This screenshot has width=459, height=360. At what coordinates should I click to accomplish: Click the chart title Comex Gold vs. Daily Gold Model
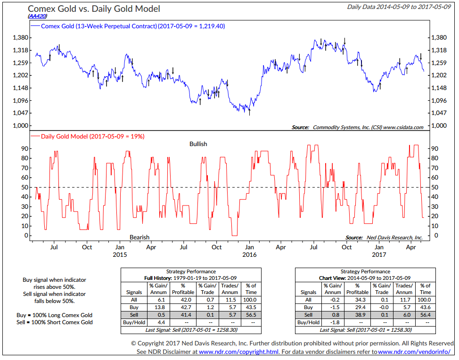tap(94, 9)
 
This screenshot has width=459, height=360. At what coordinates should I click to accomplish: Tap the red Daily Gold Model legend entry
tap(90, 136)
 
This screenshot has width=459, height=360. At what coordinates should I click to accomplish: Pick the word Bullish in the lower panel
tap(198, 144)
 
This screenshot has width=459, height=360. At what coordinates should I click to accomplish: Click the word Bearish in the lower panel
tap(139, 237)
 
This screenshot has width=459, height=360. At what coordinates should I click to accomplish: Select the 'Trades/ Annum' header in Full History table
tap(229, 289)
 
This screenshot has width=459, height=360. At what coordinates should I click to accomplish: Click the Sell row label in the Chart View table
tap(308, 314)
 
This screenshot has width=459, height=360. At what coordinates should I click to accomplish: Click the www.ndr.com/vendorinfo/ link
tap(410, 352)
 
